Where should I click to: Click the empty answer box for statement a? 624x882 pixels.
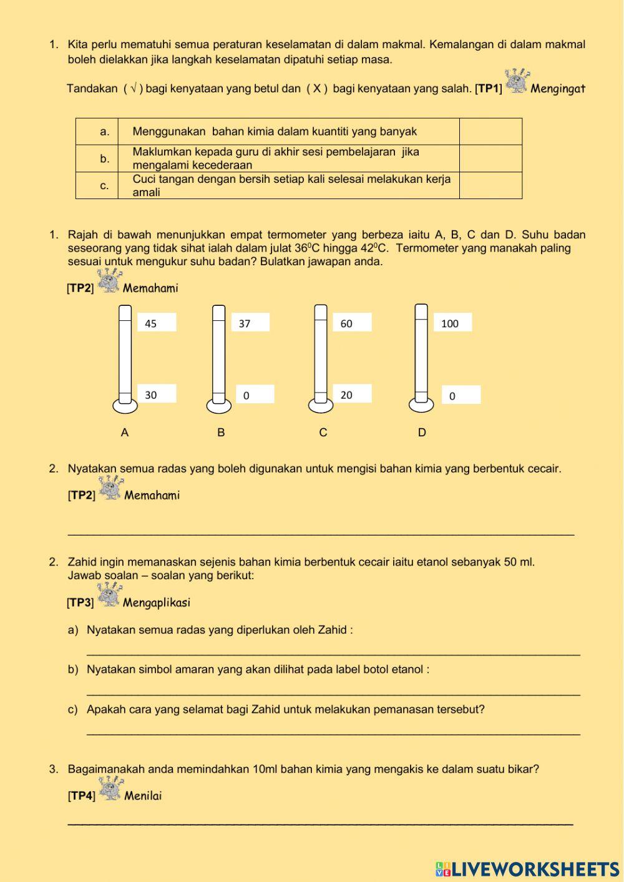coord(490,132)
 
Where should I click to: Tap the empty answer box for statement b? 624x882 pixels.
coord(490,159)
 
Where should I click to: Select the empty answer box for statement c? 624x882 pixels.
coord(490,185)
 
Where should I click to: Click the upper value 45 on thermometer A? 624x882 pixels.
coord(151,323)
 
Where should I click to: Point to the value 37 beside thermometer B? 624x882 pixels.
coord(245,323)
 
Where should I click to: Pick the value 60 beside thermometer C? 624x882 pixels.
coord(346,323)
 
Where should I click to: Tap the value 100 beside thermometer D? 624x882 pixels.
coord(449,323)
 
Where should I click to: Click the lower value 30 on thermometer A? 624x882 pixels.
coord(151,394)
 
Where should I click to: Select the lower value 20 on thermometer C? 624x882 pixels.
coord(346,394)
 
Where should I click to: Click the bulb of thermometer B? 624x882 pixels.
coord(218,406)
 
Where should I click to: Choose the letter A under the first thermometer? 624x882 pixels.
coord(125,433)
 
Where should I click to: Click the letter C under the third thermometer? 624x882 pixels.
coord(323,433)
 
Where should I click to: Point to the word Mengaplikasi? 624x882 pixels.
coord(157,602)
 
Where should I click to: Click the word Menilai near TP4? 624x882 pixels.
coord(143,796)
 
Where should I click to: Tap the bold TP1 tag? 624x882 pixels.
coord(489,89)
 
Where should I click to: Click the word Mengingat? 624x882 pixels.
coord(558,89)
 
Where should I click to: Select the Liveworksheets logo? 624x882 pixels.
coord(527,869)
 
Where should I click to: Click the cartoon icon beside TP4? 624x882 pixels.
coord(111,788)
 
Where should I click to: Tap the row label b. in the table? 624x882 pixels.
coord(105,159)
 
